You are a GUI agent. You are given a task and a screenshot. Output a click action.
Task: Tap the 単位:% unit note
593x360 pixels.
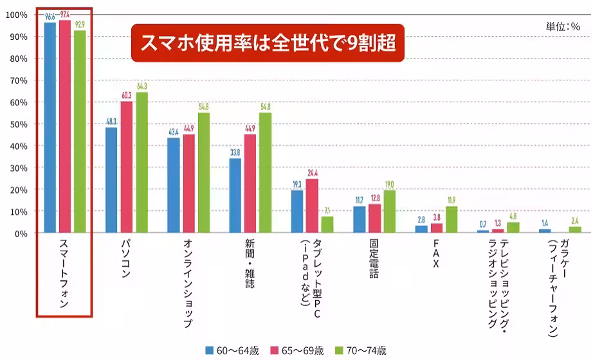click(x=563, y=26)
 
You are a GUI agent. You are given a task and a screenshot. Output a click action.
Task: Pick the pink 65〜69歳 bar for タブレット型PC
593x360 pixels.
click(x=312, y=206)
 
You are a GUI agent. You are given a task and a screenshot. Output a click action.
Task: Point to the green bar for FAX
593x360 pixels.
click(x=451, y=219)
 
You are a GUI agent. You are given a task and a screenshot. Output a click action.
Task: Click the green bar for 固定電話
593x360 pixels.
click(x=390, y=212)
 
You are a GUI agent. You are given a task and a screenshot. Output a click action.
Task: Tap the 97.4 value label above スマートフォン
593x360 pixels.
click(x=65, y=14)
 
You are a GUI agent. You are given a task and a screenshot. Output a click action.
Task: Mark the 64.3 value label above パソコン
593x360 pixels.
click(x=141, y=85)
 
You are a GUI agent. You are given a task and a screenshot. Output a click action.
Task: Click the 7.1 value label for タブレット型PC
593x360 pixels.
click(x=327, y=210)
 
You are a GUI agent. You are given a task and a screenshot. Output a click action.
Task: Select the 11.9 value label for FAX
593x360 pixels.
click(x=451, y=199)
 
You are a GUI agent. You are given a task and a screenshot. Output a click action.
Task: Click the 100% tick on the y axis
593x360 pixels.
click(x=17, y=15)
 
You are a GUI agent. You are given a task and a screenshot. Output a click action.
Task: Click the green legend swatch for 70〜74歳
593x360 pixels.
click(x=339, y=350)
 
